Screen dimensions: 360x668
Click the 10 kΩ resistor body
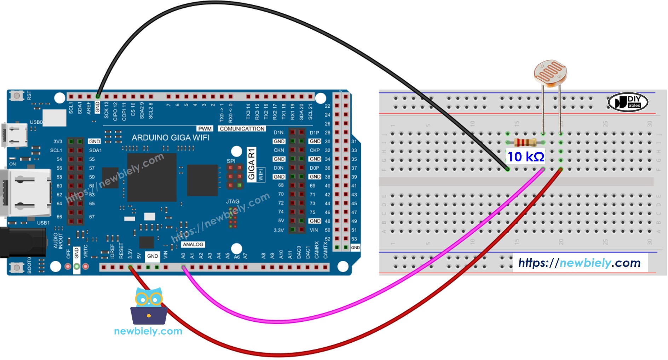click(x=525, y=143)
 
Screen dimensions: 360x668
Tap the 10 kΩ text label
click(x=526, y=157)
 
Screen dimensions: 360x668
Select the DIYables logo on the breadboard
click(x=628, y=102)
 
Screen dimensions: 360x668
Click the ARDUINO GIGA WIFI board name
click(x=171, y=138)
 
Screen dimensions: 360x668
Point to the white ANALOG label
click(x=193, y=245)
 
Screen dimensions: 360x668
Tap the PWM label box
click(x=205, y=129)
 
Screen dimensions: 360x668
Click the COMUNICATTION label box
click(x=242, y=129)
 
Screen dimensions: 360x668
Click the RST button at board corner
click(x=16, y=96)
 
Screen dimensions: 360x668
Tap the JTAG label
click(x=232, y=201)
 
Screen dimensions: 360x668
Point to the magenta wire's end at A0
click(x=184, y=268)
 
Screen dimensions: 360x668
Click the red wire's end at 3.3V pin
click(x=131, y=268)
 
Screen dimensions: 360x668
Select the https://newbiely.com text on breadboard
click(x=579, y=263)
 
